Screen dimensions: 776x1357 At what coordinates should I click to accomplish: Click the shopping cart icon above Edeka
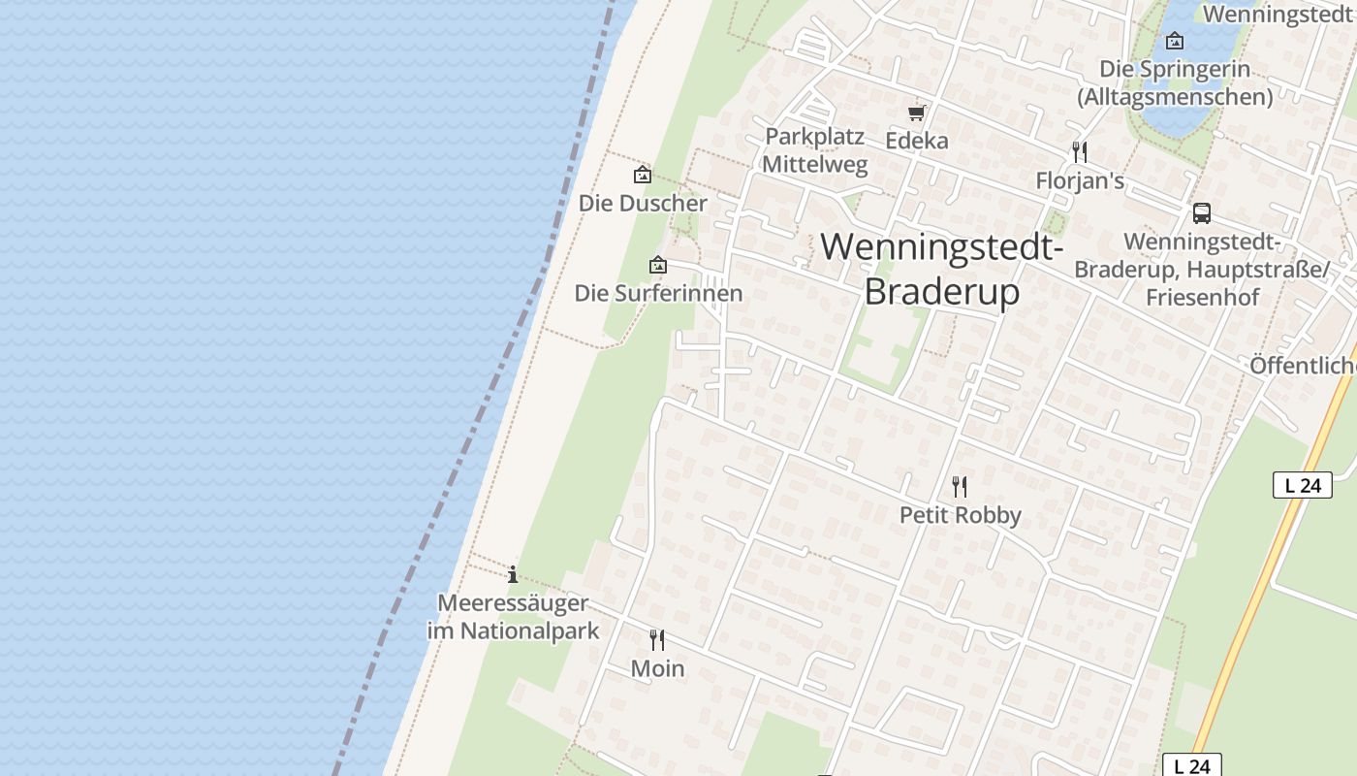(x=917, y=113)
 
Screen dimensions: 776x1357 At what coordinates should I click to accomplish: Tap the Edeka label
(x=917, y=141)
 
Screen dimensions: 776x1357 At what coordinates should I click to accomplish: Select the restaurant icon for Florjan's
(x=1080, y=152)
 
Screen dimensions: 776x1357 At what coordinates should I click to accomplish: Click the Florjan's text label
(x=1080, y=181)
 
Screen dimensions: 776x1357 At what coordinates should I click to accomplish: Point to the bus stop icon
(x=1202, y=213)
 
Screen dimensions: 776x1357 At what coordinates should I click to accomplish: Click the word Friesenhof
(x=1202, y=297)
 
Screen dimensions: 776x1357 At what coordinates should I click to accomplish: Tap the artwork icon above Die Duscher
(x=642, y=176)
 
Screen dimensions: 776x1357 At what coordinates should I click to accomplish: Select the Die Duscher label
(x=643, y=204)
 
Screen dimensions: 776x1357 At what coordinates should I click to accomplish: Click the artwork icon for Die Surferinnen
(x=658, y=265)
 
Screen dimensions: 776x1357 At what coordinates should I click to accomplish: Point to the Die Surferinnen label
(x=658, y=293)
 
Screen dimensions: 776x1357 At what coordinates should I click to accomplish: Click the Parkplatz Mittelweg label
(x=814, y=150)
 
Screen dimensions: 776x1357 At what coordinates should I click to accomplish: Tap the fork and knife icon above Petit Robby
(x=960, y=486)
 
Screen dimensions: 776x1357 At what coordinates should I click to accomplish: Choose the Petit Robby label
(x=960, y=515)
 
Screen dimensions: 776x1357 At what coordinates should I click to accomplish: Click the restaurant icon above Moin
(x=657, y=639)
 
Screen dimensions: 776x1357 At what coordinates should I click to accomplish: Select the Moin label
(x=657, y=668)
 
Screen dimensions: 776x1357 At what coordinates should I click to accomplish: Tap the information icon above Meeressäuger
(x=513, y=574)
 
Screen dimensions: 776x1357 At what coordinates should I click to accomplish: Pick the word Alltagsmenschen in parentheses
(x=1175, y=97)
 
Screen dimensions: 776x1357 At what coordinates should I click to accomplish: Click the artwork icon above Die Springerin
(x=1175, y=41)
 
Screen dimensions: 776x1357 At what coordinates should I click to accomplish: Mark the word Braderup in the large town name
(x=941, y=291)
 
